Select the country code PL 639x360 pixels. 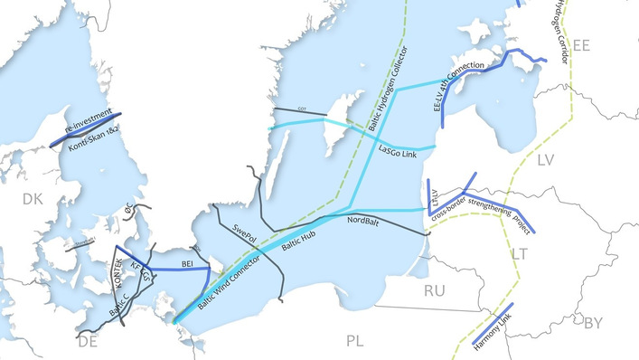point(354,339)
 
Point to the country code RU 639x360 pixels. point(435,290)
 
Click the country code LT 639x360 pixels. point(519,255)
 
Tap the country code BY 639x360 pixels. point(594,322)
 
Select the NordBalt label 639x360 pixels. point(362,221)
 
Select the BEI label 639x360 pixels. point(188,262)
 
